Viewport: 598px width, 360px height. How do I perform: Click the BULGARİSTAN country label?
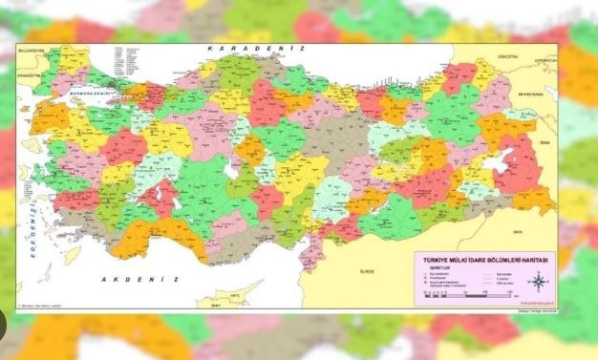point(32,51)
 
